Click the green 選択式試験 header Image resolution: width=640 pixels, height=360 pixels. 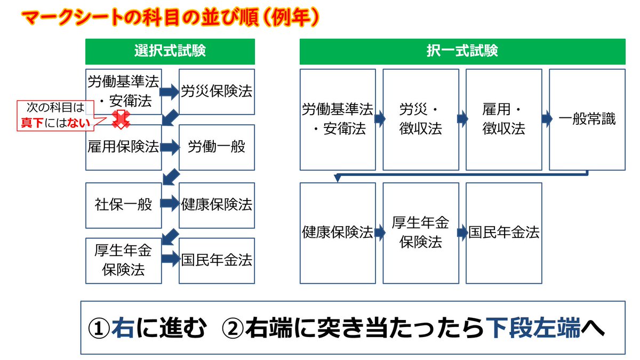(x=170, y=51)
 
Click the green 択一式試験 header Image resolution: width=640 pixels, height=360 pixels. (x=462, y=51)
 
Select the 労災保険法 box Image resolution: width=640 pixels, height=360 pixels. (x=217, y=92)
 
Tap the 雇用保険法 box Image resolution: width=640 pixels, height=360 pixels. (x=123, y=147)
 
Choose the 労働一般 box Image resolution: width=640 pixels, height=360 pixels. (x=217, y=147)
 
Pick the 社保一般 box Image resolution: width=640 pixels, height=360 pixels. (x=123, y=205)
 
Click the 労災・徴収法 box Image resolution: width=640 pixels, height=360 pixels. (x=421, y=119)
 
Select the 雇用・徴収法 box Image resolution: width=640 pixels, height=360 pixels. (x=504, y=119)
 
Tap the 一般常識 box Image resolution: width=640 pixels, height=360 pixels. (x=587, y=119)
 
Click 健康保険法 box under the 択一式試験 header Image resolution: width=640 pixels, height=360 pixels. (x=338, y=233)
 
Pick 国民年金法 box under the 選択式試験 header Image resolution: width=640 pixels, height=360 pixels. (x=217, y=261)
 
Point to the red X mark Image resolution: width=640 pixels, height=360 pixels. (x=121, y=119)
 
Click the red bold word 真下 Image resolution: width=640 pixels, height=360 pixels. (x=32, y=123)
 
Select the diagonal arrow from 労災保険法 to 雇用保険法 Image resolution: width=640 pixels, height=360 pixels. (x=170, y=117)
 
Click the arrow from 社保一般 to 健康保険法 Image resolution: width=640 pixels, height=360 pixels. (x=170, y=203)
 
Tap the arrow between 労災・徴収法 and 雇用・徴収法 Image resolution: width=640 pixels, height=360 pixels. (x=462, y=118)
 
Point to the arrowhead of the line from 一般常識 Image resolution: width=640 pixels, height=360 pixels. (x=338, y=178)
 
